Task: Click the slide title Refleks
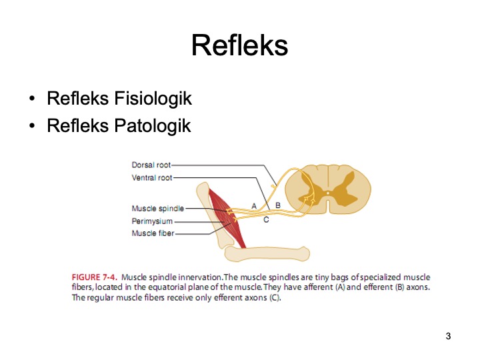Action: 239,46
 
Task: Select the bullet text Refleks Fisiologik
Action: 119,99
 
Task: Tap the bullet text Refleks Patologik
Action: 119,125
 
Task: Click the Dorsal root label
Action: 151,165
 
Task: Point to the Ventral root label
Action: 152,178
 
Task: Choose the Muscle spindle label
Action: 158,209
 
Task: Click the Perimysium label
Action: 153,221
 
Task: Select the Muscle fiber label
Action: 153,233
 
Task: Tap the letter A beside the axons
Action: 254,205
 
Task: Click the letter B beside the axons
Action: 278,205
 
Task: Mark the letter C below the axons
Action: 266,219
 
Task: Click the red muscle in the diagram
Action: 228,217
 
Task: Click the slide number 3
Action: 448,335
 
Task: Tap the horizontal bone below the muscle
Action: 267,253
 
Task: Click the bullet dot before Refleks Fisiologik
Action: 33,100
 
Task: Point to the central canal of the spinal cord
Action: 328,193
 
